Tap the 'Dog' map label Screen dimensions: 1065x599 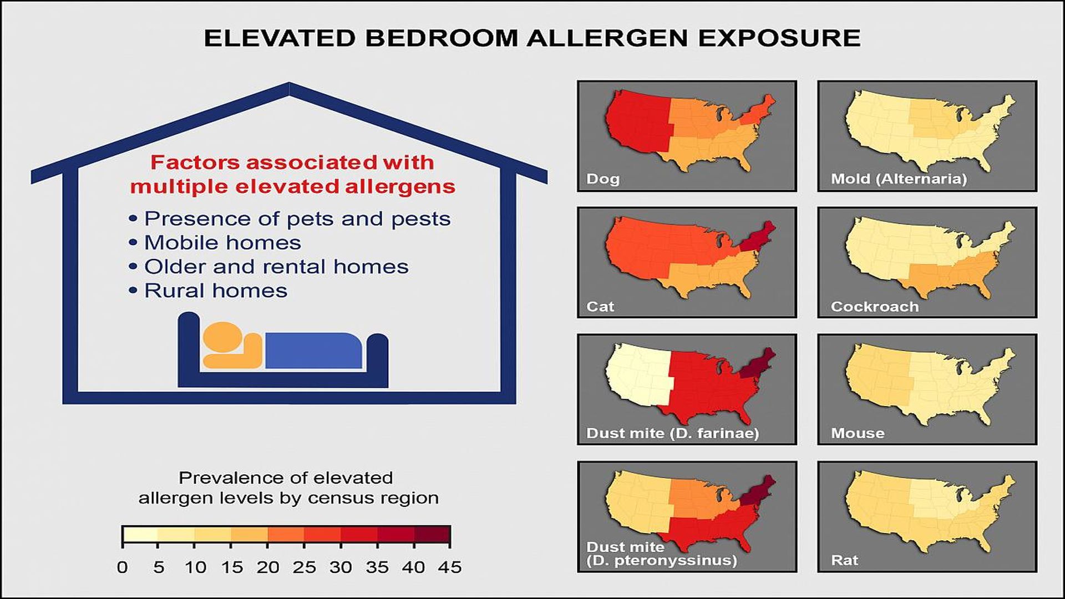(x=603, y=179)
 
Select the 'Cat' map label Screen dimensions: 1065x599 (x=600, y=306)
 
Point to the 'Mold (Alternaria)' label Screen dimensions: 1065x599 (x=899, y=179)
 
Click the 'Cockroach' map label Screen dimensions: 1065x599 (x=875, y=306)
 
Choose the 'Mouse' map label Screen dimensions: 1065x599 (x=858, y=433)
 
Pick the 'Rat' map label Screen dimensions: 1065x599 (x=844, y=560)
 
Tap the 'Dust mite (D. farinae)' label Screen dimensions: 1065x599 (x=672, y=433)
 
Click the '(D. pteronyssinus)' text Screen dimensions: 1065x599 (x=662, y=560)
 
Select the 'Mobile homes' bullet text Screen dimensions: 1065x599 (x=222, y=242)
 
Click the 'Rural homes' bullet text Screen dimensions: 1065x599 (x=216, y=291)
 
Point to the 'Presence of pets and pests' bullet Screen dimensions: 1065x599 (x=297, y=219)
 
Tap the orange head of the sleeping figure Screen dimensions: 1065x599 (x=222, y=336)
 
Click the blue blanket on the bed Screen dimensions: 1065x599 (x=313, y=351)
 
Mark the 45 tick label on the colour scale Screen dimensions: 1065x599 (x=450, y=567)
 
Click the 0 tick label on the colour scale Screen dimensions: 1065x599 (x=122, y=567)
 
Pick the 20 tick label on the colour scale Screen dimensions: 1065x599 (x=268, y=567)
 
